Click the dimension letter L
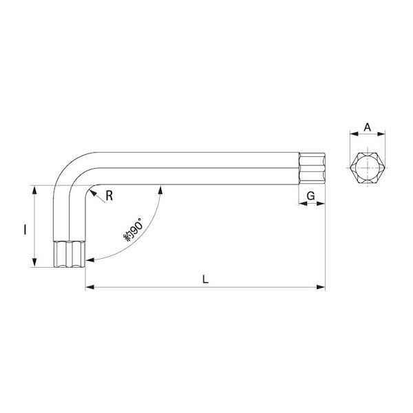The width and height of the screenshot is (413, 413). [205, 279]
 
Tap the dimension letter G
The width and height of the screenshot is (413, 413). [311, 195]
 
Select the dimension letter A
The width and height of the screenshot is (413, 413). [367, 127]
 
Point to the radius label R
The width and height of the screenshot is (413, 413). [109, 195]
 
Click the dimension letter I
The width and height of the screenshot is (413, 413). [25, 229]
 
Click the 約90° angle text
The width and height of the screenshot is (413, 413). [134, 229]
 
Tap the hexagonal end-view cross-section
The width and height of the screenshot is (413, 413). [368, 168]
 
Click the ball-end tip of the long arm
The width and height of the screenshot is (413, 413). [312, 169]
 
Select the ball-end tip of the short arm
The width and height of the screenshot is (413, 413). [69, 254]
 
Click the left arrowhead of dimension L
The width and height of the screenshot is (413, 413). [89, 287]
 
